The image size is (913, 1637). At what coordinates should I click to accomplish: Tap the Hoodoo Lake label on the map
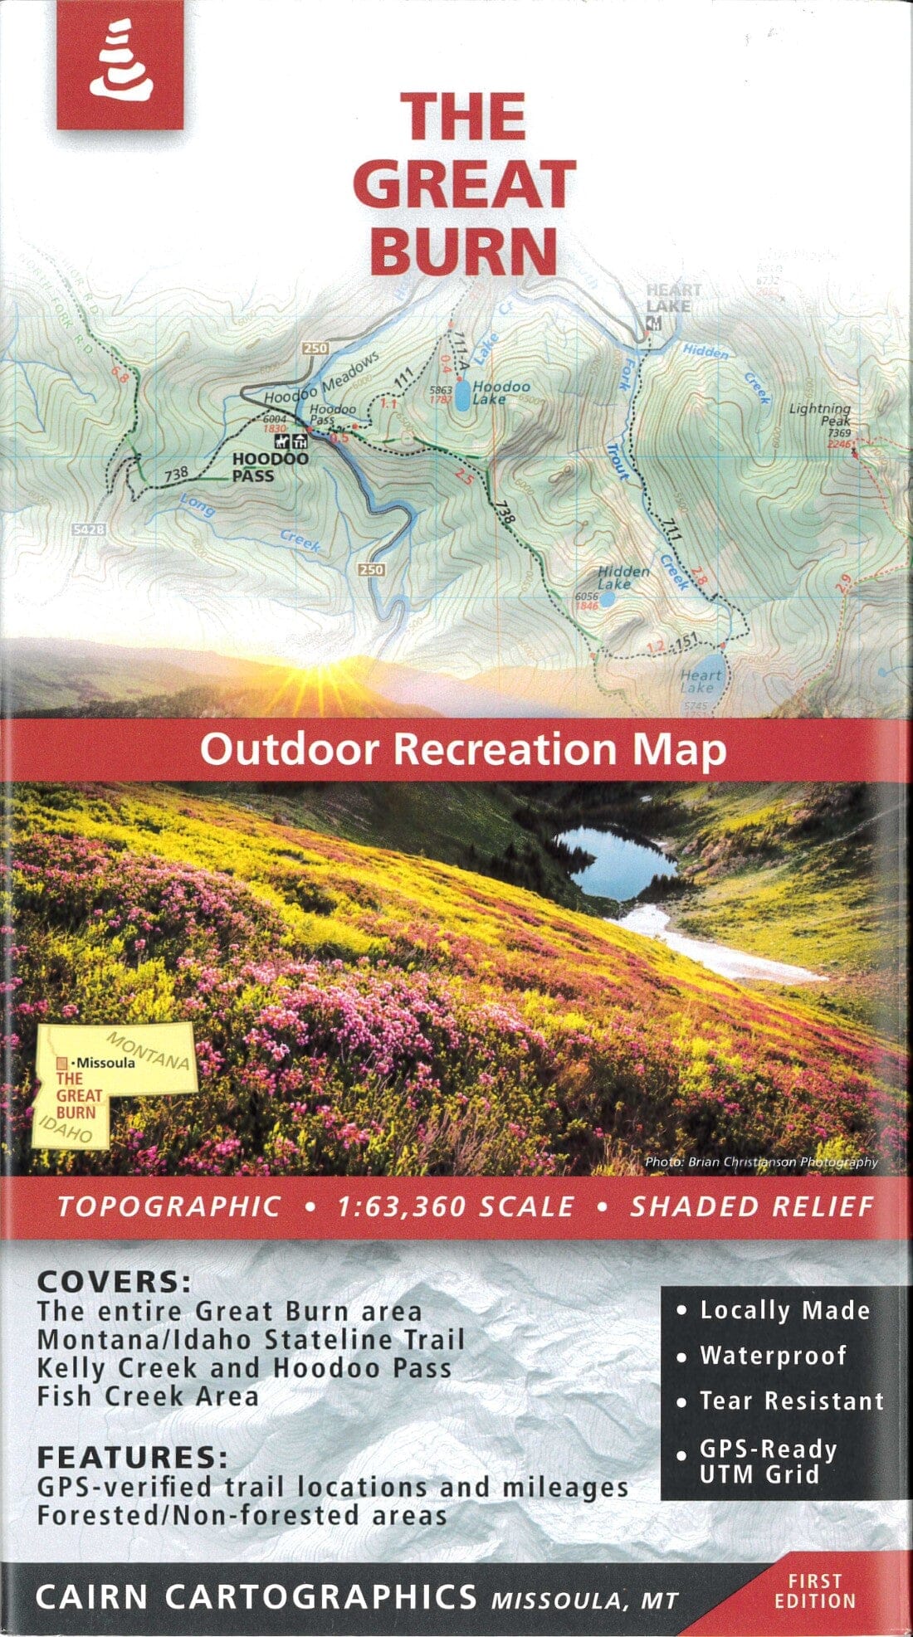501,392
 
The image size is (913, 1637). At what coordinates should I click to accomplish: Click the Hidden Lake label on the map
622,577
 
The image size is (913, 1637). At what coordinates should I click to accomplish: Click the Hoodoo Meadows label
321,378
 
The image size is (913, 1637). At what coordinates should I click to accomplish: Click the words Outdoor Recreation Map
463,749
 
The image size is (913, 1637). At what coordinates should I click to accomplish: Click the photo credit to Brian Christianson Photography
760,1162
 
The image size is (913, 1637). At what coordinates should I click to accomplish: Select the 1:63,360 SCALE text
455,1206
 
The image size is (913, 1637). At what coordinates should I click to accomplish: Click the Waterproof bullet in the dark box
772,1356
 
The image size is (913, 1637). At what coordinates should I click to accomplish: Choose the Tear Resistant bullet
791,1401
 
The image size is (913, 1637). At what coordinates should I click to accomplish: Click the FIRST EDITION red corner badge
814,1591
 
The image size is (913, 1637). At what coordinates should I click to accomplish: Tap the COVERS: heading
115,1282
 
